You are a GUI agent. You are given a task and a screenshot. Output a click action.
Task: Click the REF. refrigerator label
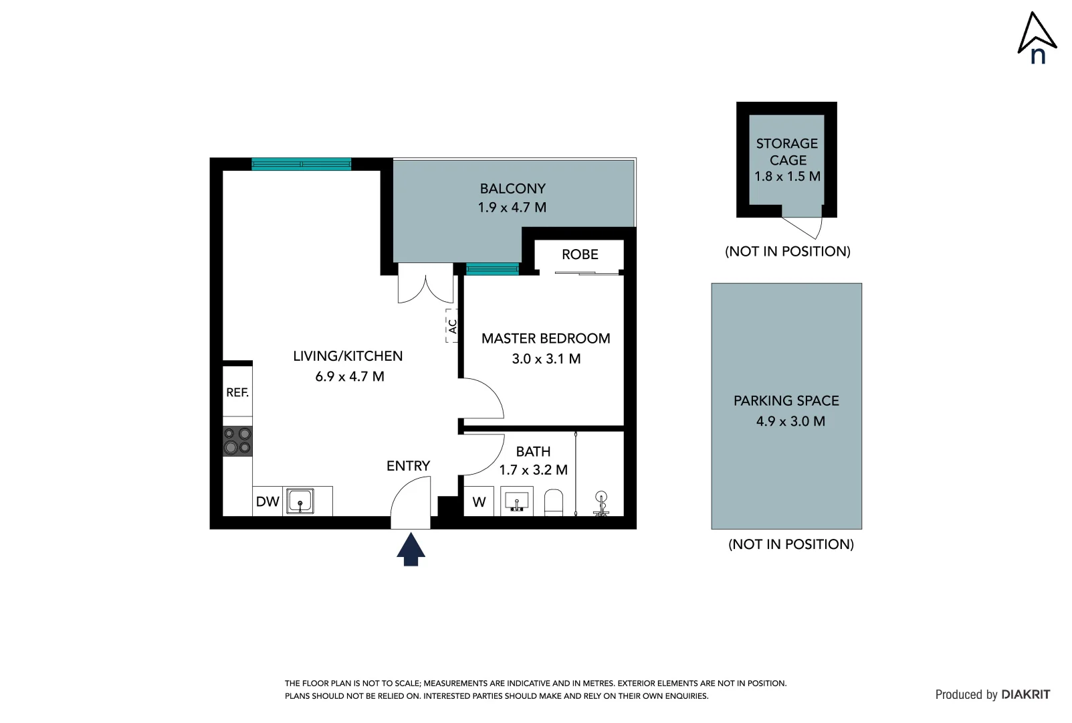[x=237, y=392]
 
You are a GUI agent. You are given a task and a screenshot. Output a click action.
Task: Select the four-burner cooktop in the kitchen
[x=237, y=440]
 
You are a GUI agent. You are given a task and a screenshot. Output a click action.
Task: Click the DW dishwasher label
[x=267, y=501]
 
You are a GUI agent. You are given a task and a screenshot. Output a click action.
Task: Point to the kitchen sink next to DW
[x=300, y=501]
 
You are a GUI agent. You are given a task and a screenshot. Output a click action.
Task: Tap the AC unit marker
[x=452, y=326]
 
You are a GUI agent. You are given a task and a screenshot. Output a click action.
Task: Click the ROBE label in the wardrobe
[x=580, y=254]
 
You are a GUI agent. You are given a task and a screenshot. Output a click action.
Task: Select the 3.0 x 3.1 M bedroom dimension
[x=546, y=359]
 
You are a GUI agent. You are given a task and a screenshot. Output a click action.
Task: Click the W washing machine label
[x=479, y=502]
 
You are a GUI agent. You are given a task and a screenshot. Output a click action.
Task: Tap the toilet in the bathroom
[x=554, y=502]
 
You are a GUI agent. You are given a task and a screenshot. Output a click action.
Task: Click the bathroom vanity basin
[x=516, y=501]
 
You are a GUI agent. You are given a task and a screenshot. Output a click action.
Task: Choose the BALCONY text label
[x=512, y=189]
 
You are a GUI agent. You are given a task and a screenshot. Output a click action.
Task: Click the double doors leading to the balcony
[x=425, y=283]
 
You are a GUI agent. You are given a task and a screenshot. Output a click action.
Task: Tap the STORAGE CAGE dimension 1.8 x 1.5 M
[x=787, y=177]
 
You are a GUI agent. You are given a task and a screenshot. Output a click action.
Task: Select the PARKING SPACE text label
[x=786, y=401]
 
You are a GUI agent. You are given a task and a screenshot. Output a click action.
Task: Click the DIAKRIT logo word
[x=1025, y=695]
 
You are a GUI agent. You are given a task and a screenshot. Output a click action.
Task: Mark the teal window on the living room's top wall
[x=301, y=164]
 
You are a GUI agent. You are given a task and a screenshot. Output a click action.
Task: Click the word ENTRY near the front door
[x=408, y=466]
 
